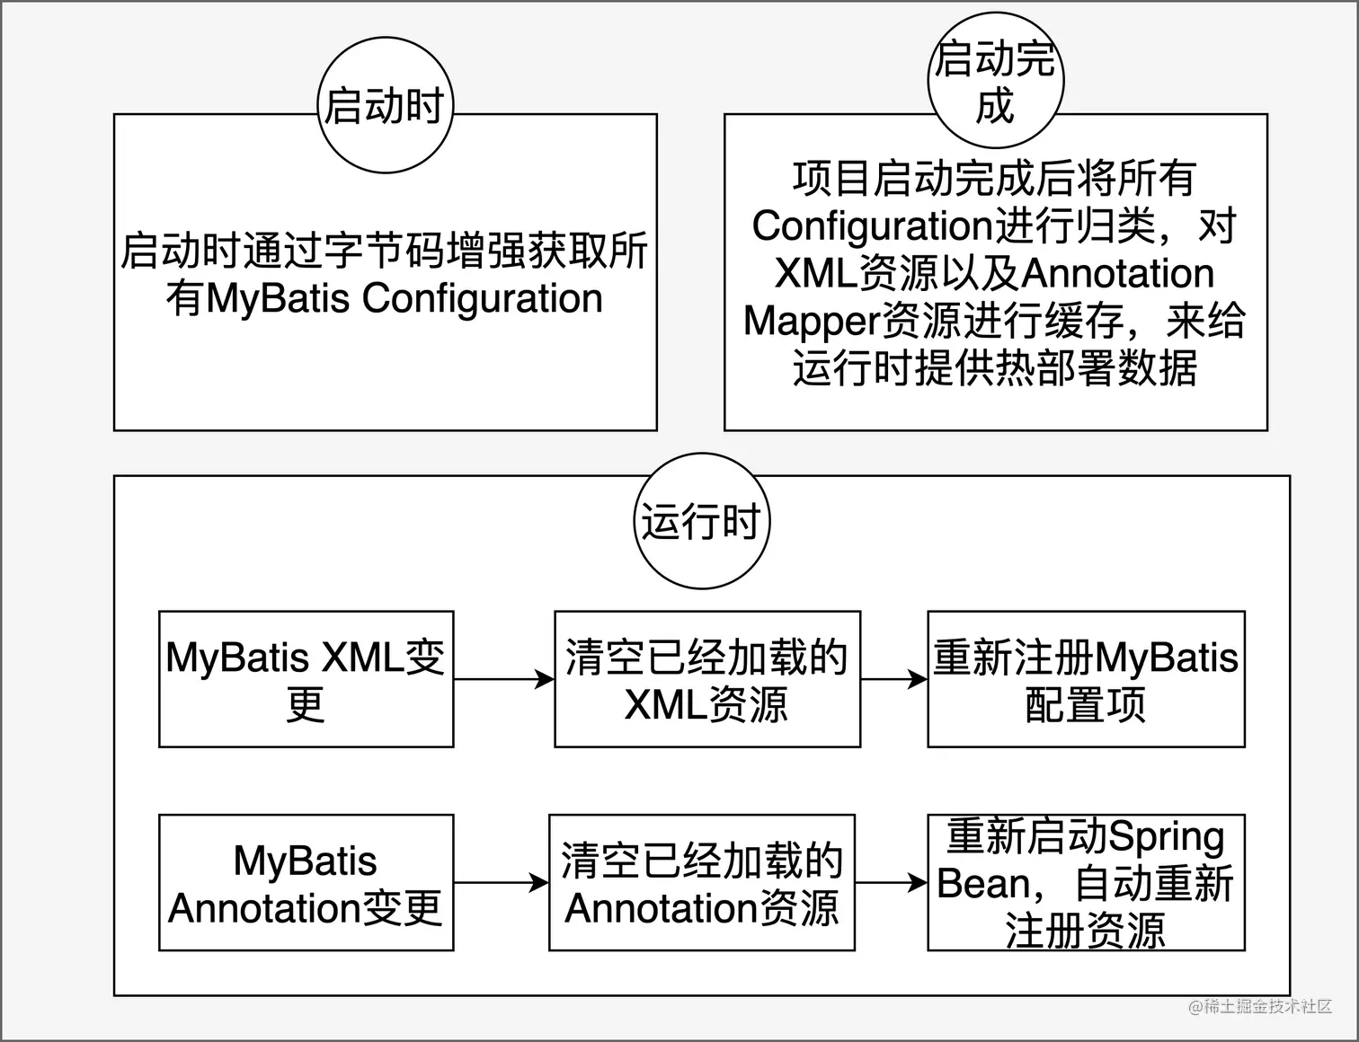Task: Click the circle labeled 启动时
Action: [x=386, y=105]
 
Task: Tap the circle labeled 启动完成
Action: [x=995, y=81]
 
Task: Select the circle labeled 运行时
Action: [x=701, y=521]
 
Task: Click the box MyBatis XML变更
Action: [x=306, y=679]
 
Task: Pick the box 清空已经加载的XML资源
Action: [x=706, y=679]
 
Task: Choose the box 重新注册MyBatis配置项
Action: [x=1086, y=679]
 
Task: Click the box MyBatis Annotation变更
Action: [x=306, y=882]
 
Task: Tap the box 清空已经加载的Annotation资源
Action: [x=701, y=882]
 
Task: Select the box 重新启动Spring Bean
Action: [x=1086, y=882]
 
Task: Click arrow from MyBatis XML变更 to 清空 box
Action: [x=503, y=679]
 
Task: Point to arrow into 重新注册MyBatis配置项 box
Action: [x=893, y=679]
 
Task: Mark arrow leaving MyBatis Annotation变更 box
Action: [x=501, y=882]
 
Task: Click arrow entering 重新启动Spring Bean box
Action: [x=891, y=882]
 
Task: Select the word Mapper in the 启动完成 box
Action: [x=809, y=321]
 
